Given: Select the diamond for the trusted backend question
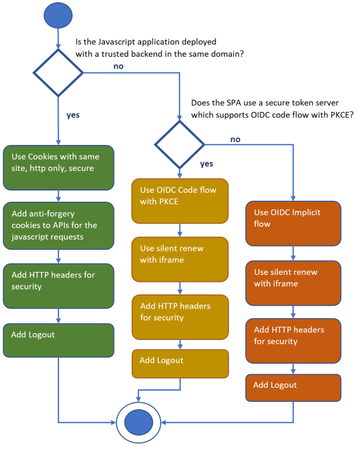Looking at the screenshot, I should [58, 72].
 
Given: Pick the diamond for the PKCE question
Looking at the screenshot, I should [179, 144].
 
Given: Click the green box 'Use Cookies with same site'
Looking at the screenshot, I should [58, 167].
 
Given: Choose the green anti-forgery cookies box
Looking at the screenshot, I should [58, 226].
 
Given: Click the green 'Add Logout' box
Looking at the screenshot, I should [58, 339].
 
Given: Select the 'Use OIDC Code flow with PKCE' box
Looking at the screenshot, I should [180, 201].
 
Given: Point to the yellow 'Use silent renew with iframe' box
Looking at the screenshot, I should [180, 259].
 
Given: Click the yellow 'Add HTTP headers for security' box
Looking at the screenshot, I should [180, 317].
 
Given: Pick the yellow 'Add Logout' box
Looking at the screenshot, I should [180, 364].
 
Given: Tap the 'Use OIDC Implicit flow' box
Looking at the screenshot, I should [292, 224].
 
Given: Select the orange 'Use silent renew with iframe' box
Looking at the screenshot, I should [292, 283].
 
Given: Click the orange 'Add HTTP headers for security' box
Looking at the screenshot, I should [292, 341].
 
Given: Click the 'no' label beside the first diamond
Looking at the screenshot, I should [118, 66].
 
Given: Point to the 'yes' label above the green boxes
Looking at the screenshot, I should [73, 115].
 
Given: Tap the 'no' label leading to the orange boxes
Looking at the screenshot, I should [235, 139].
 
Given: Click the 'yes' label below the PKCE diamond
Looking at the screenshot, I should [207, 164].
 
